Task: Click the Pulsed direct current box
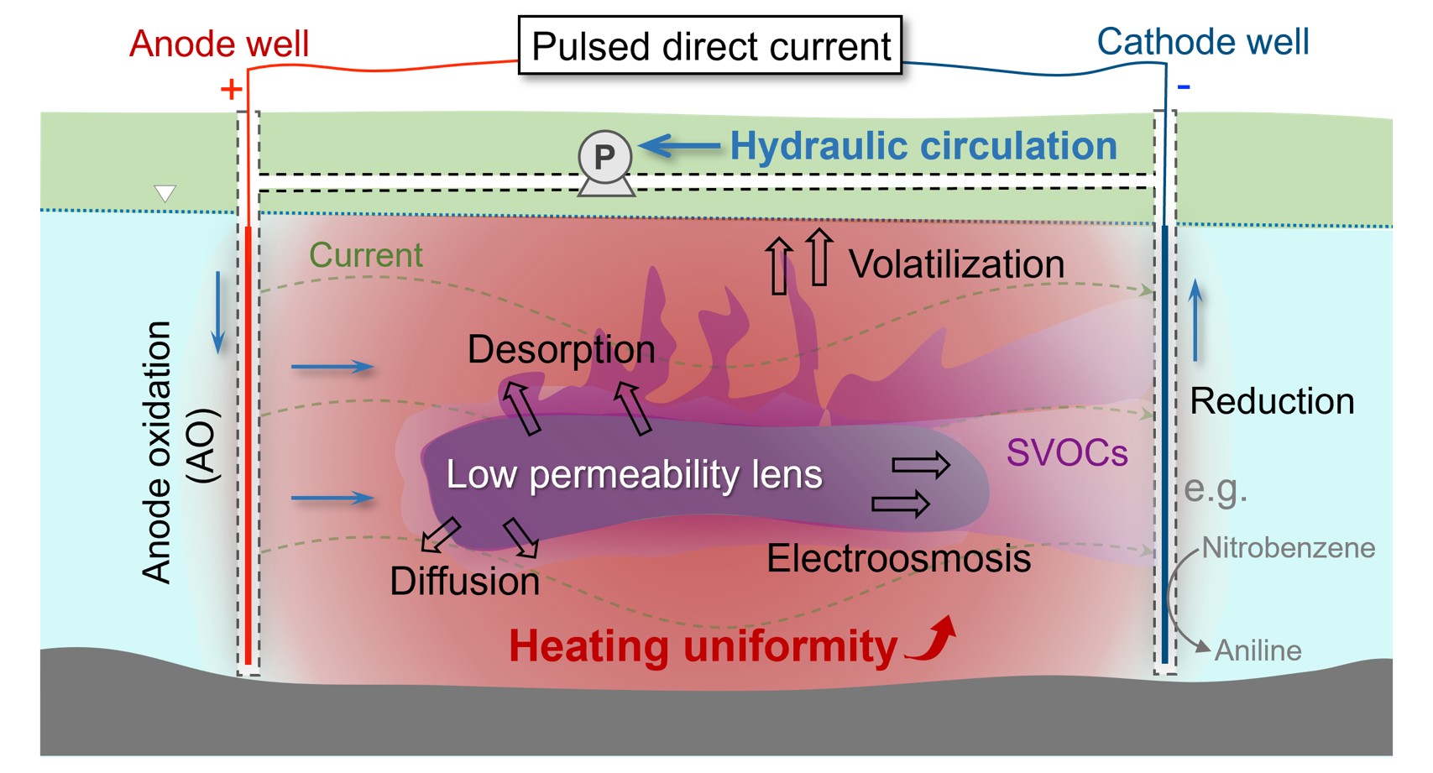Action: click(710, 45)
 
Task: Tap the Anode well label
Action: click(219, 44)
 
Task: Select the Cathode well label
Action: click(1202, 42)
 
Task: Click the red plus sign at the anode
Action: click(231, 89)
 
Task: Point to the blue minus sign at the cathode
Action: click(1184, 86)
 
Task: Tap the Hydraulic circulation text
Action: click(923, 146)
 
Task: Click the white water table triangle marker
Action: click(165, 194)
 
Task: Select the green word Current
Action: click(366, 255)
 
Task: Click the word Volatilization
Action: click(956, 264)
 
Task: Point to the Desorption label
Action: click(561, 349)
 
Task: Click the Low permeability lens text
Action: click(634, 474)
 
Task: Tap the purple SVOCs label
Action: click(1067, 453)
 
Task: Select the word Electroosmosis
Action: click(898, 558)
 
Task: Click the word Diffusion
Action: click(464, 581)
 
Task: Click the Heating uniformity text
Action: click(703, 646)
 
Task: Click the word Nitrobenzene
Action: click(1288, 548)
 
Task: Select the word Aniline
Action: click(1258, 650)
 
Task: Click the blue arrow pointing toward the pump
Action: click(680, 146)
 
